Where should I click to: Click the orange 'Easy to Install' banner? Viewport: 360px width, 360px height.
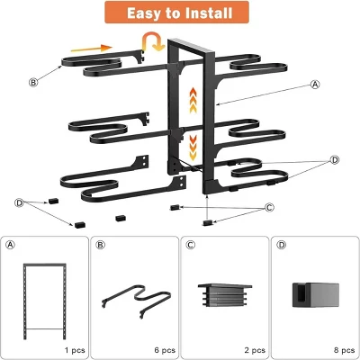pos(179,13)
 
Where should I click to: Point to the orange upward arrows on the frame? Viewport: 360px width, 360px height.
pos(191,97)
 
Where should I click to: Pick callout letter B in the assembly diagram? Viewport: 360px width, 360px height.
pos(34,82)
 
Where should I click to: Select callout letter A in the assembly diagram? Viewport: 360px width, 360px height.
pos(315,85)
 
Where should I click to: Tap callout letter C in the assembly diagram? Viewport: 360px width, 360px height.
pos(269,208)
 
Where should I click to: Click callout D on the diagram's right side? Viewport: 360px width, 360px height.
pos(335,160)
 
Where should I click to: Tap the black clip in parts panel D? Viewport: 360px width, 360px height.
pos(312,293)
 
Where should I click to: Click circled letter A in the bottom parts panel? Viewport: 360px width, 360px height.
pos(11,245)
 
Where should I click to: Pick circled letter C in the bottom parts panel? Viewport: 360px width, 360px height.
pos(190,245)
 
